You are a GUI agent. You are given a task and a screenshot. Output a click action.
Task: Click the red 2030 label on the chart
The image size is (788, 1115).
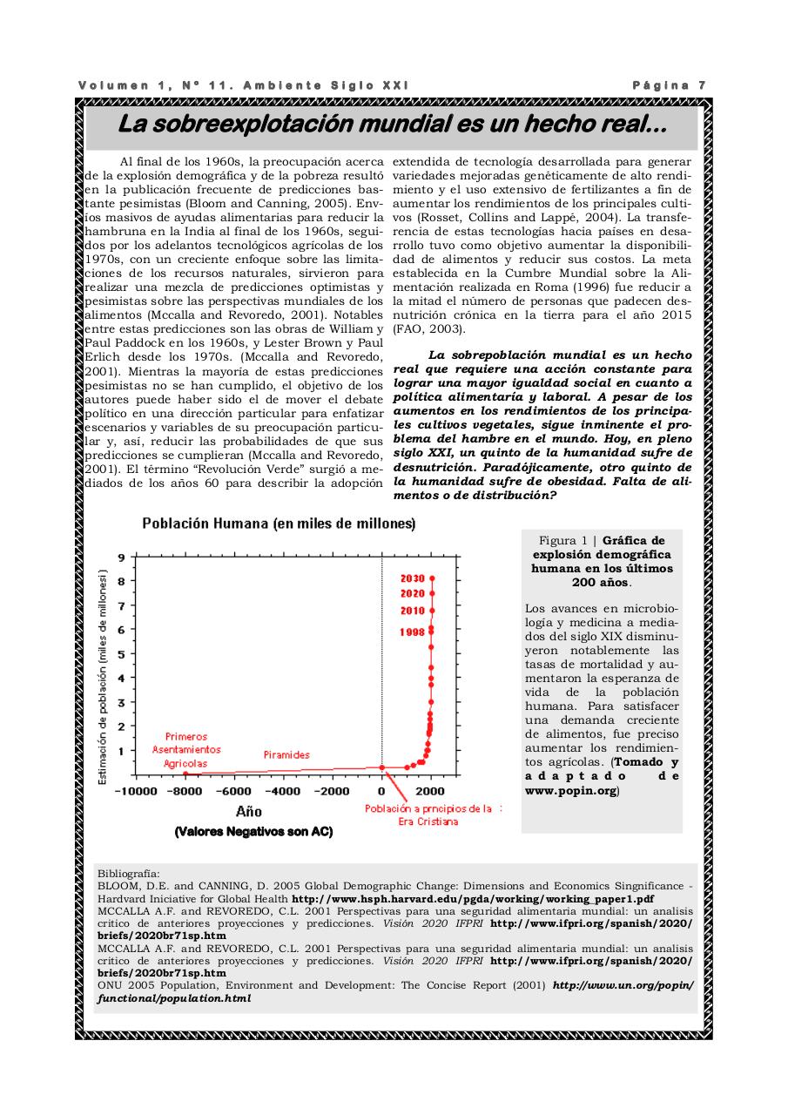pos(412,578)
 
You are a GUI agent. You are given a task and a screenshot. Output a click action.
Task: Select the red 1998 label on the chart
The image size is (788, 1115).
pos(412,632)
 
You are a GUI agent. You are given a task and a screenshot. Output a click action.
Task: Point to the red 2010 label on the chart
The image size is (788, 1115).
pos(412,611)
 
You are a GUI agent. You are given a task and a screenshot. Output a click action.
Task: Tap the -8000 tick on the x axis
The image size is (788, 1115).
pos(185,791)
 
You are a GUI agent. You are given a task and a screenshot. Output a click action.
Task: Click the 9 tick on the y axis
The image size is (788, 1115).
pos(121,557)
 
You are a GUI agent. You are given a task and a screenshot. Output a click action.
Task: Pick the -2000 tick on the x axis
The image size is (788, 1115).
pos(332,791)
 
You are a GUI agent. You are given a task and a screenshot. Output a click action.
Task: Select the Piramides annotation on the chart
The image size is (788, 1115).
pos(286,754)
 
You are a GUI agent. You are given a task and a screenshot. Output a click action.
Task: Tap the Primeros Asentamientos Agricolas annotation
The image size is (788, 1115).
pos(185,749)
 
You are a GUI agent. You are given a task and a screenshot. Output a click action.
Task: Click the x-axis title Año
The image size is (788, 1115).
pos(249,812)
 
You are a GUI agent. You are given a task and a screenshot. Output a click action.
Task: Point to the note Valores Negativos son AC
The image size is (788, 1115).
pos(253,832)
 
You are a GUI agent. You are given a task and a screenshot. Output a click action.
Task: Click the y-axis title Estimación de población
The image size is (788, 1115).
pos(103,677)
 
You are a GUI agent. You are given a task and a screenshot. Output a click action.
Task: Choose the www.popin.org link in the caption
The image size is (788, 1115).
pos(570,791)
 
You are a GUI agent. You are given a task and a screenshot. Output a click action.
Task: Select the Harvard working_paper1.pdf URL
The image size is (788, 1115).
pos(473,898)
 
